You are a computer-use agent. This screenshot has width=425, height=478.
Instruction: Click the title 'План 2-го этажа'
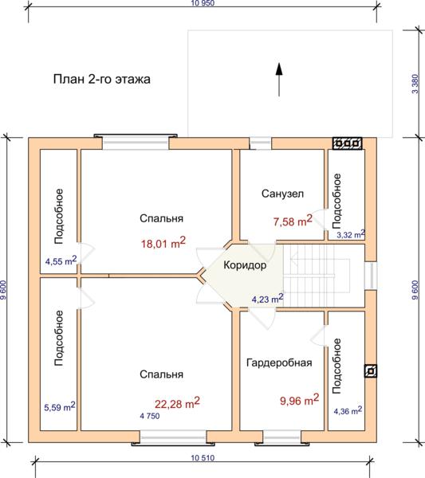[x=101, y=79]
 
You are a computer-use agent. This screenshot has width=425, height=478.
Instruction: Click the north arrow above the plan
[x=279, y=80]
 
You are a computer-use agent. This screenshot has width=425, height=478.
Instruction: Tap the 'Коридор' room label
[x=245, y=265]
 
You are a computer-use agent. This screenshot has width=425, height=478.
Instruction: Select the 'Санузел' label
[x=282, y=194]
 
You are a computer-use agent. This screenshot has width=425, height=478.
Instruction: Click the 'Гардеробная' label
[x=279, y=362]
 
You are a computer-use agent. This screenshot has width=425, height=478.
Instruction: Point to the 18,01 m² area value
[x=163, y=243]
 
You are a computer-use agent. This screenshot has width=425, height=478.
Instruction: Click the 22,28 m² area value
[x=177, y=402]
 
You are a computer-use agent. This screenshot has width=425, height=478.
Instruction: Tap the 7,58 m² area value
[x=293, y=221]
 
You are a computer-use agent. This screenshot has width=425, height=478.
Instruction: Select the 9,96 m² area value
[x=299, y=400]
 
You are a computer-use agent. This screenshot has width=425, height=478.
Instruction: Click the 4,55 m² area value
[x=61, y=261]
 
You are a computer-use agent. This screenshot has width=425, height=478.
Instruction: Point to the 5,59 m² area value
[x=60, y=406]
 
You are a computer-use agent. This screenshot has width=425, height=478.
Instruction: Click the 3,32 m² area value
[x=351, y=234]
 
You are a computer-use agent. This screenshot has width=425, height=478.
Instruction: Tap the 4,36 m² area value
[x=348, y=410]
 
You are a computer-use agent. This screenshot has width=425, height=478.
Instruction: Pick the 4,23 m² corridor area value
[x=268, y=299]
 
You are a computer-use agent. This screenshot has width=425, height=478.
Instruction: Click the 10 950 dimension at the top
[x=203, y=3]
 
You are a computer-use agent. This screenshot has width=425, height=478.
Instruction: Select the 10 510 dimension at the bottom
[x=203, y=458]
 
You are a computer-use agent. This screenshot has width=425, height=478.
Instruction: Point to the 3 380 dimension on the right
[x=415, y=84]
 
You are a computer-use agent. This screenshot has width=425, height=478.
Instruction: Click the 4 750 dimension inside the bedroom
[x=150, y=416]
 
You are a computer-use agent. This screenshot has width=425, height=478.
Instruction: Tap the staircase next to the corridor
[x=324, y=276]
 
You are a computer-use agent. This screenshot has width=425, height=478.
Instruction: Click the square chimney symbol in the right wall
[x=371, y=371]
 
